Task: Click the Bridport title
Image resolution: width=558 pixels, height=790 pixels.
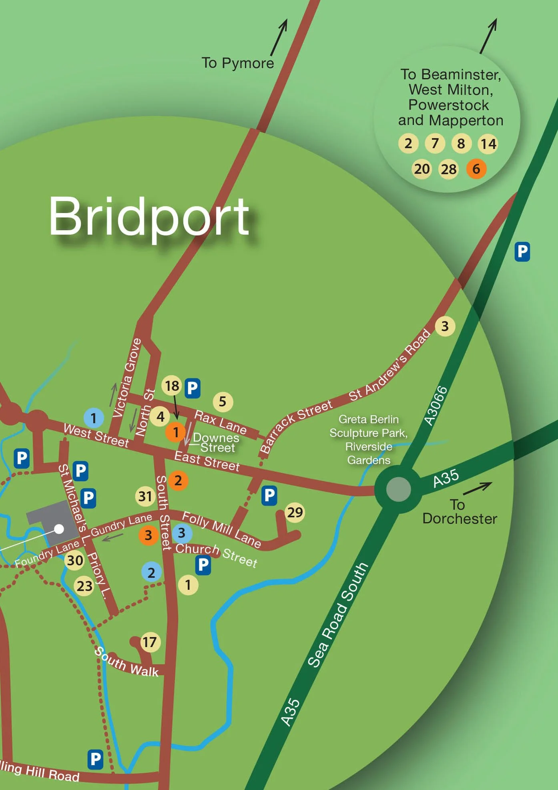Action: (x=149, y=217)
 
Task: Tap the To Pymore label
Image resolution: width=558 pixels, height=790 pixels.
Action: (x=238, y=63)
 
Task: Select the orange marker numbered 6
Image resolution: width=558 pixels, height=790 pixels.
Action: (x=476, y=169)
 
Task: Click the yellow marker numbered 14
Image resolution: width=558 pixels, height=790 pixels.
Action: (x=488, y=144)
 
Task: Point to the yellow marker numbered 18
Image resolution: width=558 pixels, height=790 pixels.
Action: (x=172, y=386)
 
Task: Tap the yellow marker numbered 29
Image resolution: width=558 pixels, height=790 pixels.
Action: (x=295, y=512)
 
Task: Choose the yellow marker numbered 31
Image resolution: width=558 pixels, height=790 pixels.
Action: (x=145, y=497)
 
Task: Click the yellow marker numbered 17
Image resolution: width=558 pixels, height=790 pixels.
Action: (x=150, y=642)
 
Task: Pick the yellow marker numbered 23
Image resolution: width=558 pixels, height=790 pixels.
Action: (x=84, y=586)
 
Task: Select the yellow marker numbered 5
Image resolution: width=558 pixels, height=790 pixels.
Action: (x=223, y=401)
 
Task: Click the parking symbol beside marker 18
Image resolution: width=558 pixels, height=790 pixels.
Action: (x=193, y=388)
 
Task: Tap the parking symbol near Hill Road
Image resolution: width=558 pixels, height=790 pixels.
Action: (x=95, y=759)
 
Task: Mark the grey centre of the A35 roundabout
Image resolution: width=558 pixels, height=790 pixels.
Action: (x=398, y=489)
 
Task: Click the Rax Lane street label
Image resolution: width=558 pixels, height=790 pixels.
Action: (x=220, y=422)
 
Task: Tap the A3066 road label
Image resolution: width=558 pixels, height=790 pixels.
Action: (x=436, y=406)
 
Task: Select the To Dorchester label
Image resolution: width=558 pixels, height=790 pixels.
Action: (x=459, y=512)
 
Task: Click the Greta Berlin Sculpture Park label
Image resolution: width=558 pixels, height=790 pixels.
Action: (x=368, y=439)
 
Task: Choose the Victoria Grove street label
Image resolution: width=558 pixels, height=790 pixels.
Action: (x=126, y=378)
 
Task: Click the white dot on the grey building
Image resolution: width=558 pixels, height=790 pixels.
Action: (x=59, y=529)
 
